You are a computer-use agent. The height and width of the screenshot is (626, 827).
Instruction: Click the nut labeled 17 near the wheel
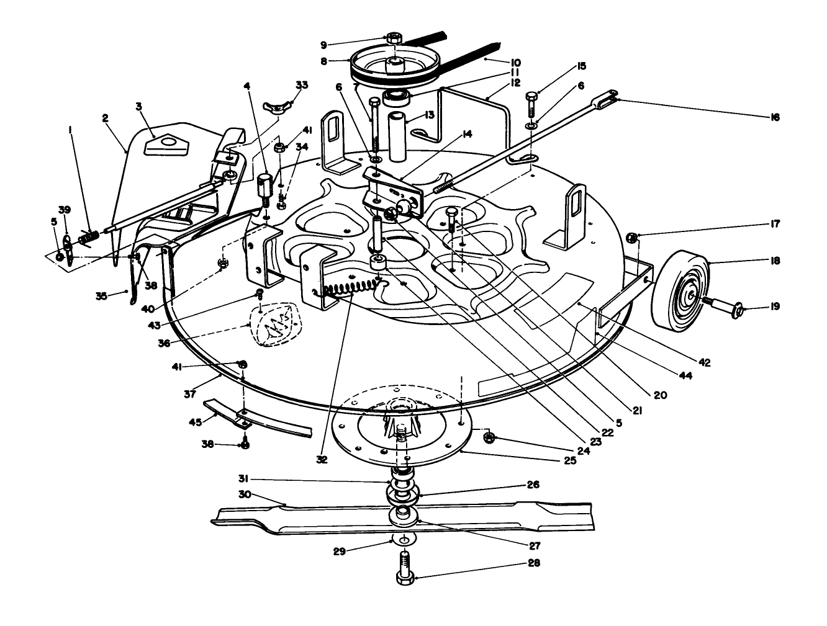click(x=632, y=237)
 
